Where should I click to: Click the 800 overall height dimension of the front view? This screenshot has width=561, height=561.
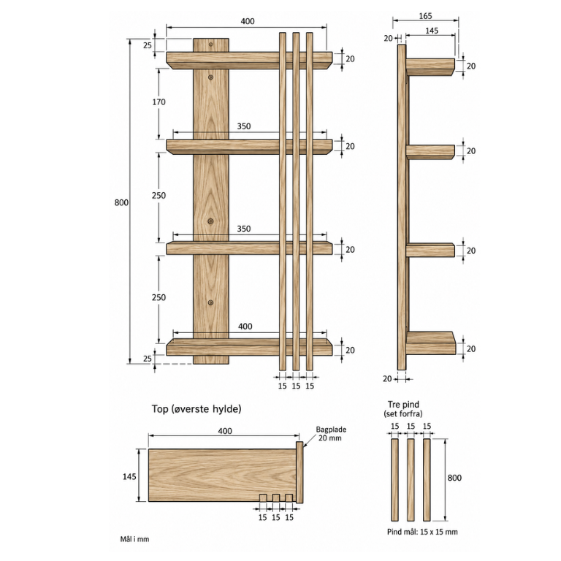coord(121,202)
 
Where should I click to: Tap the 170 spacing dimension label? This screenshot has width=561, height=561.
coord(159,102)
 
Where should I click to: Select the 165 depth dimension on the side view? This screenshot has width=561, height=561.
coord(425,16)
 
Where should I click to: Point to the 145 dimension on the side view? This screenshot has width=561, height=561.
coord(432,31)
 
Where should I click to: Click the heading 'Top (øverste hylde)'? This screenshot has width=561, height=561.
coord(196,408)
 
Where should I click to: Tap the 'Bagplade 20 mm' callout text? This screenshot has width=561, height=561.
coord(331,434)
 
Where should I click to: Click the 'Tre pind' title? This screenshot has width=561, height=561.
coord(403,404)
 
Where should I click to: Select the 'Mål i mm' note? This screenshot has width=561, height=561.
coord(134,539)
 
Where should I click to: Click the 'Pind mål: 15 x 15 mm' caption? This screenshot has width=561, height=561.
coord(422,532)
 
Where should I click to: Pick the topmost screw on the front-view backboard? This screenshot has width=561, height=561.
coord(210,45)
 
